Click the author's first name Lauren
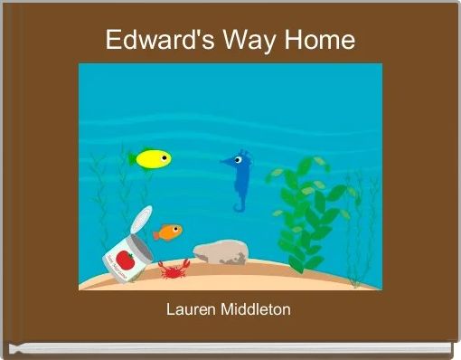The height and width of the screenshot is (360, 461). pos(190,310)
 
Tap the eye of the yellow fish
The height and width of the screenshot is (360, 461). pos(164,157)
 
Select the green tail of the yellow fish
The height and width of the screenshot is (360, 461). pos(133,159)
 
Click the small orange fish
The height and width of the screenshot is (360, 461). pos(168,232)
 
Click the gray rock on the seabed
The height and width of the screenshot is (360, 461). pos(220,252)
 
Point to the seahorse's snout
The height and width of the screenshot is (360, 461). pos(224,162)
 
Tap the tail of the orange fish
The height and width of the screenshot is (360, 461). pos(155,233)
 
